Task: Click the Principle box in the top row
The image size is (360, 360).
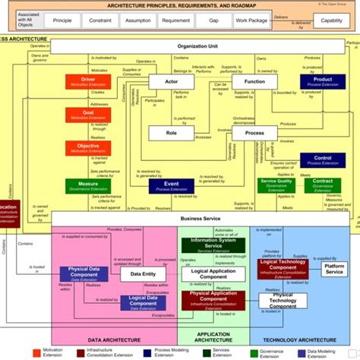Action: point(62,21)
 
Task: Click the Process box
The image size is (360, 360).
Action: point(254,134)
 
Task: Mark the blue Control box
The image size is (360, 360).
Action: point(318,160)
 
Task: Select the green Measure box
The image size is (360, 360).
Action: point(87,186)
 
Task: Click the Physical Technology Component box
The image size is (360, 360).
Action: point(283,300)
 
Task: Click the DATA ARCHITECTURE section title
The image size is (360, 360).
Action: point(113,342)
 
